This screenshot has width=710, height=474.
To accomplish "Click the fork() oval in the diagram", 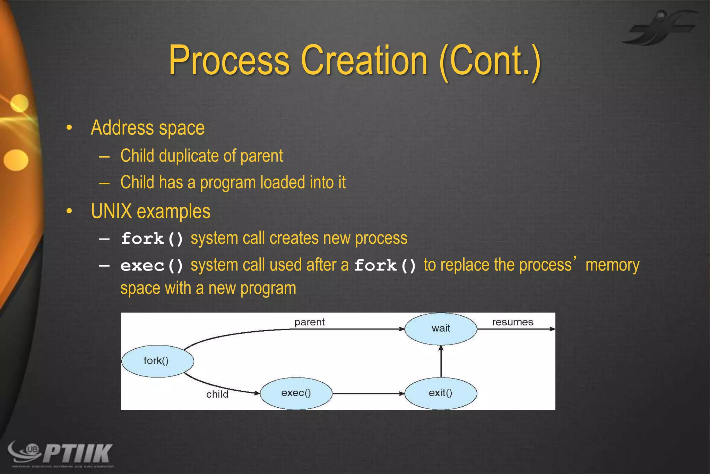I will click(157, 361).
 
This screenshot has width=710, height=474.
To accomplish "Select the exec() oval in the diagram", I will click(296, 393).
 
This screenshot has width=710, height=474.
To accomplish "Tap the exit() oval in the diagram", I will click(441, 393).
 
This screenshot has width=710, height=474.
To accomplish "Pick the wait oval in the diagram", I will click(441, 329).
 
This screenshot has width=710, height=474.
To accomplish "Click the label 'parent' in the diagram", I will click(309, 322).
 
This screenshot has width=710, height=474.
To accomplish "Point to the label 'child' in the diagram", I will click(217, 394).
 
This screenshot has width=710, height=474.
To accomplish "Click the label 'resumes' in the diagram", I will click(512, 322).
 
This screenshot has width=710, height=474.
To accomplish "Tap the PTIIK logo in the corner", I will click(61, 454).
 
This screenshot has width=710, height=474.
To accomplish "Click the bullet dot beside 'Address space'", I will click(69, 128).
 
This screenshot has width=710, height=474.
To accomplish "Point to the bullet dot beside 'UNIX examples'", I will click(69, 211).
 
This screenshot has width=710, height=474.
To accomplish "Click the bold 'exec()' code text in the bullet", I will click(152, 266).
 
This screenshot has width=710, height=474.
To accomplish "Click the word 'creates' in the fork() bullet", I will click(294, 239).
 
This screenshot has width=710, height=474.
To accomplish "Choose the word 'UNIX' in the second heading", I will click(111, 211).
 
